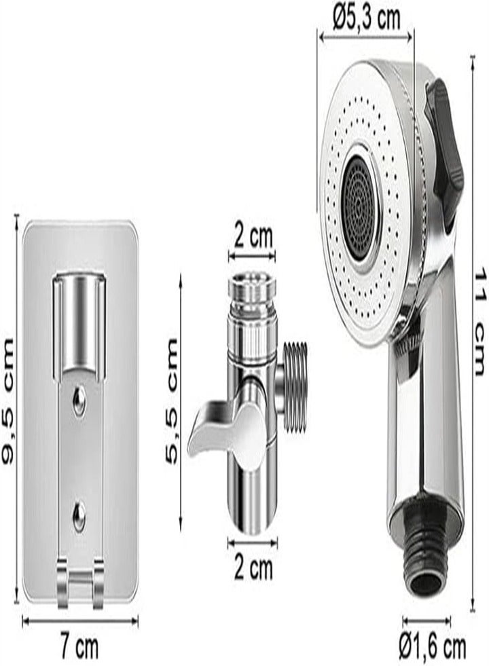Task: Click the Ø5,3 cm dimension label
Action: tap(367, 19)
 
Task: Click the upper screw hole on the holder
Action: tap(79, 402)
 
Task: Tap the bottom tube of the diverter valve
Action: tap(253, 502)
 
